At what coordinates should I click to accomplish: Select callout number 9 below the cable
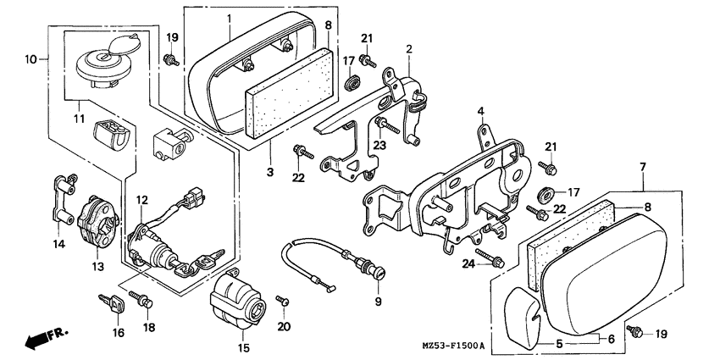378,301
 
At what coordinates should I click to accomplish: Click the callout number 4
479,111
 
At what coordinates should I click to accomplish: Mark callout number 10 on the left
30,59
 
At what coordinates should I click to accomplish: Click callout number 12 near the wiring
142,200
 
